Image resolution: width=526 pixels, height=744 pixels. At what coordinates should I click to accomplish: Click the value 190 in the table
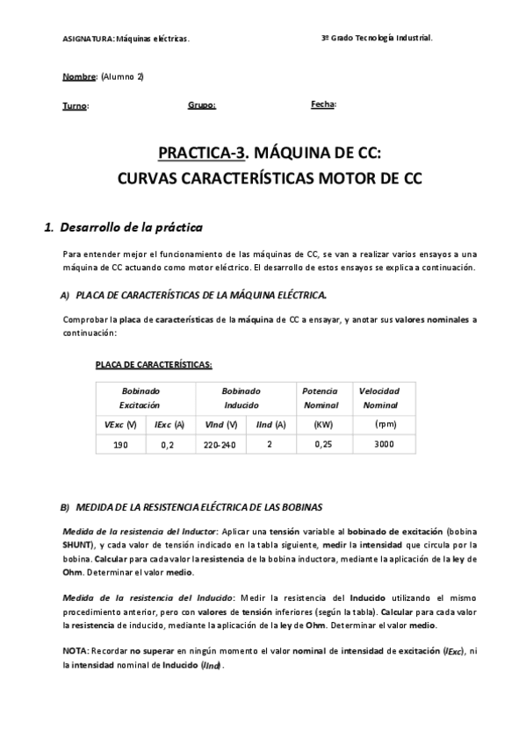(x=120, y=445)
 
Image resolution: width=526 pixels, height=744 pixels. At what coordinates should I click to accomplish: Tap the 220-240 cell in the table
(x=220, y=445)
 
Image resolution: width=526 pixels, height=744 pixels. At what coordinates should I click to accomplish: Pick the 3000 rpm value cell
(x=384, y=445)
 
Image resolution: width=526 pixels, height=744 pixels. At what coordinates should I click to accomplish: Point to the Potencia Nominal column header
(x=320, y=397)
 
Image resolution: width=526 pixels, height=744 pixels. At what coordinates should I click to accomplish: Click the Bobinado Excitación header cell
(x=140, y=397)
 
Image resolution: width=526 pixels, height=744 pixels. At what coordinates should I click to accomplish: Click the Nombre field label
(x=79, y=77)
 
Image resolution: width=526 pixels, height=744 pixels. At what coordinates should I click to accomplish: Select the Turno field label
(x=75, y=106)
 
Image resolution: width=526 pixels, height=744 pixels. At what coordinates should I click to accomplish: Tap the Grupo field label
(x=202, y=105)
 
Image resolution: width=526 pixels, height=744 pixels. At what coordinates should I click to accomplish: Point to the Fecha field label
(x=322, y=104)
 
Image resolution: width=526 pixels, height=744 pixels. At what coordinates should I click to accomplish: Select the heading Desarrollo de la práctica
(x=130, y=228)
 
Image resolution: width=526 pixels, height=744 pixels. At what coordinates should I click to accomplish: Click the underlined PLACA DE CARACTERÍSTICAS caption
(x=153, y=364)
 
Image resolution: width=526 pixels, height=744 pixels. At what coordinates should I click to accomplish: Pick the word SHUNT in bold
(x=78, y=544)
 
